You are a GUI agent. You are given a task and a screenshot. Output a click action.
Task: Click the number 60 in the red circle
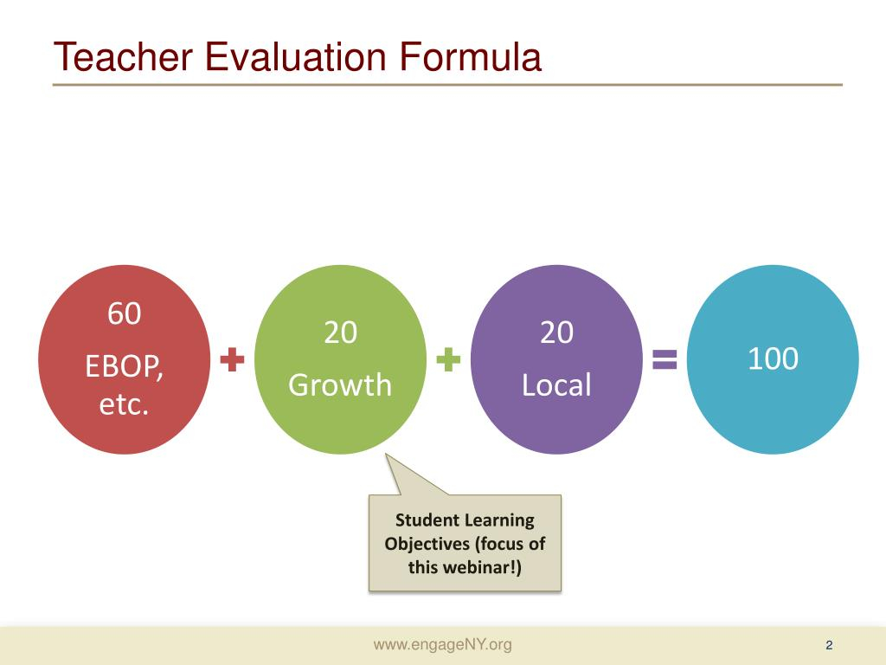125,313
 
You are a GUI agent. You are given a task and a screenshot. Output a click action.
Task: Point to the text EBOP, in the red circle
125,367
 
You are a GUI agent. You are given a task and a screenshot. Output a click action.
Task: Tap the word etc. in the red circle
125,404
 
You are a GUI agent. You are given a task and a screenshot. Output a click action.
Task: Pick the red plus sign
232,359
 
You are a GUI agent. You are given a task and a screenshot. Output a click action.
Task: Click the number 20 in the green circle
341,332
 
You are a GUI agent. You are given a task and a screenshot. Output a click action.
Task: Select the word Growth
340,385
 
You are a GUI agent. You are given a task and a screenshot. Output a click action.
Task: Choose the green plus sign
449,359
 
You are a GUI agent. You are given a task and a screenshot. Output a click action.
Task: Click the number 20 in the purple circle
556,332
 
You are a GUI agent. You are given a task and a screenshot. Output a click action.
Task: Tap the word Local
556,385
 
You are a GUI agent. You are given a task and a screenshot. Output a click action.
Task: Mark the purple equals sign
664,359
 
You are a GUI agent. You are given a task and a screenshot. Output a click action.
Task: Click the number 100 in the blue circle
773,358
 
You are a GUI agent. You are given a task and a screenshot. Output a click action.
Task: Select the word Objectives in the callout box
427,544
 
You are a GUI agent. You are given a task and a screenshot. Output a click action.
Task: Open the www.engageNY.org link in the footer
443,644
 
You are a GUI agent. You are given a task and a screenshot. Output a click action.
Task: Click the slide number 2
829,645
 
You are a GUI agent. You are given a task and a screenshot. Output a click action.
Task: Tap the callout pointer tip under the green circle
386,454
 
